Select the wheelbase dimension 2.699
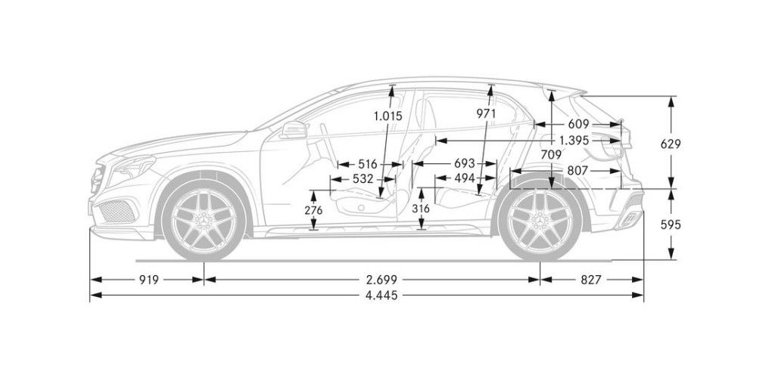(x=372, y=280)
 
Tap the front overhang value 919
(x=148, y=280)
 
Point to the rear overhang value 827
(x=591, y=280)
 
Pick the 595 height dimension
(x=671, y=224)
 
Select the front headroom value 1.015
(x=388, y=116)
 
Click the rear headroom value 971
(x=486, y=113)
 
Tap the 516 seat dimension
(x=368, y=164)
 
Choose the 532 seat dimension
(x=363, y=179)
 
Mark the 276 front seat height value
(x=313, y=209)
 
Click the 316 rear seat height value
(x=422, y=208)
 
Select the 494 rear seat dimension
(x=465, y=179)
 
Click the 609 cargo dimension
(x=578, y=124)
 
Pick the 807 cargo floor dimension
(x=577, y=172)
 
